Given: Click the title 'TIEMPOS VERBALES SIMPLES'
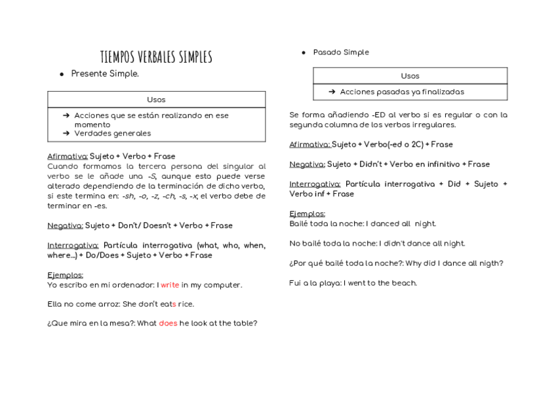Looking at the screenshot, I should pyautogui.click(x=156, y=57).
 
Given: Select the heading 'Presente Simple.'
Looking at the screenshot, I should pyautogui.click(x=105, y=74).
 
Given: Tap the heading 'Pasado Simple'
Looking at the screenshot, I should pyautogui.click(x=341, y=52).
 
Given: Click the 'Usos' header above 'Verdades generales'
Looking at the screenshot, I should pyautogui.click(x=156, y=100).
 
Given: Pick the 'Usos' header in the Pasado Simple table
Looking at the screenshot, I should pyautogui.click(x=410, y=76).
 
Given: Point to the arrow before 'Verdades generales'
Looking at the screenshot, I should pyautogui.click(x=66, y=134).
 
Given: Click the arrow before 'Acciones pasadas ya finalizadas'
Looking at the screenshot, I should pyautogui.click(x=332, y=92).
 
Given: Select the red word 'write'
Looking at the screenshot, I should pyautogui.click(x=170, y=286).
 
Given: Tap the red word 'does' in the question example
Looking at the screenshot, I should pyautogui.click(x=168, y=324).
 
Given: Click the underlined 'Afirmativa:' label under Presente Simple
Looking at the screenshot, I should pyautogui.click(x=68, y=157).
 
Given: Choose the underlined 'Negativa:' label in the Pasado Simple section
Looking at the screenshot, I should pyautogui.click(x=307, y=164).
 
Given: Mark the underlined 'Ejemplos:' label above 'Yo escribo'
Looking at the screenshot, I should pyautogui.click(x=65, y=275).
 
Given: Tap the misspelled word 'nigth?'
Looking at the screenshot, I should pyautogui.click(x=490, y=263).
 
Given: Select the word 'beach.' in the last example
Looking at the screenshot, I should pyautogui.click(x=404, y=284).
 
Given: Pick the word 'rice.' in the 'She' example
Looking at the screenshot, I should pyautogui.click(x=186, y=305).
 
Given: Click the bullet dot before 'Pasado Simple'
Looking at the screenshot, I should pyautogui.click(x=304, y=52).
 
